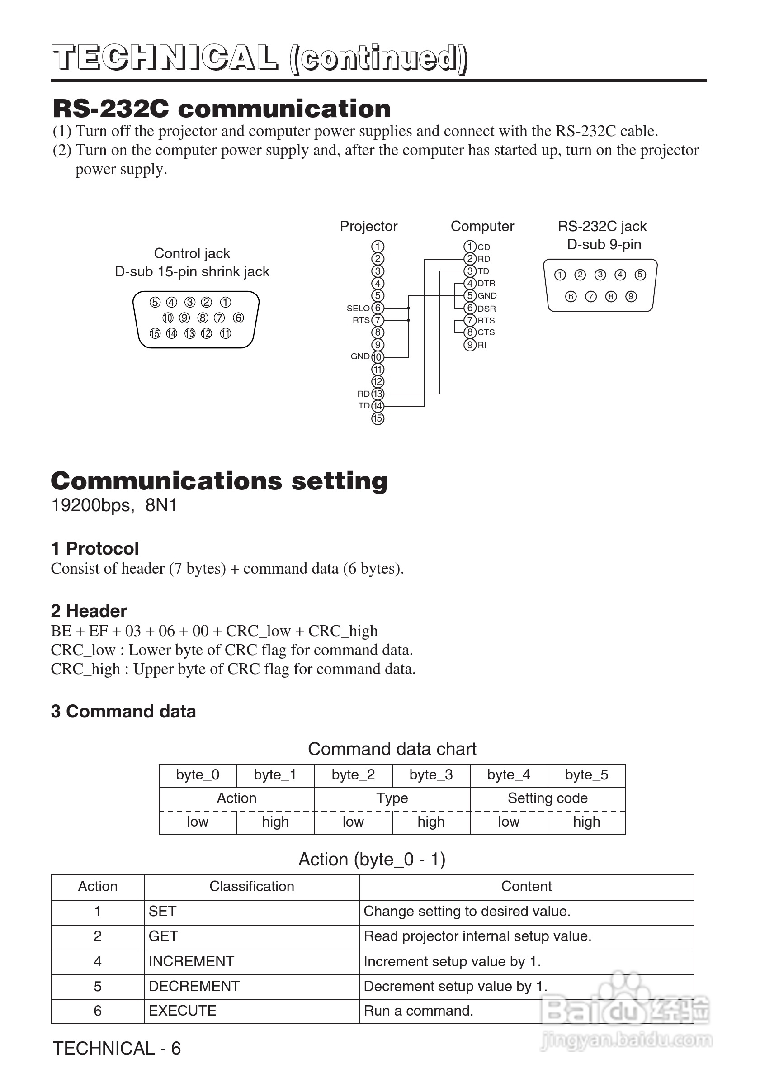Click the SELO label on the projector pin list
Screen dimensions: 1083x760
tap(358, 309)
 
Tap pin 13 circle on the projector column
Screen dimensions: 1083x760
tap(378, 394)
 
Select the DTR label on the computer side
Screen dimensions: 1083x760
tap(486, 284)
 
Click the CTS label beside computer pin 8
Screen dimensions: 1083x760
tap(486, 332)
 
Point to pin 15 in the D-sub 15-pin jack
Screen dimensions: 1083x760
tap(155, 334)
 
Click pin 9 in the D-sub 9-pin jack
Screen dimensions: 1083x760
tap(631, 297)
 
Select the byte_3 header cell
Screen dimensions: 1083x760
tap(431, 774)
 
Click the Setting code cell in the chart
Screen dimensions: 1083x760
tap(548, 798)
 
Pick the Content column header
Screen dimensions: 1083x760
tap(526, 886)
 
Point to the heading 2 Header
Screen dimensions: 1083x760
tap(89, 611)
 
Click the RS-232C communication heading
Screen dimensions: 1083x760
tap(222, 109)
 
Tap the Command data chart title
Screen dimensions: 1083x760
tap(392, 749)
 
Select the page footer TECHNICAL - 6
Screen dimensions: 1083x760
tap(117, 1049)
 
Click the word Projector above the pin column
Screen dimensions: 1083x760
tap(368, 226)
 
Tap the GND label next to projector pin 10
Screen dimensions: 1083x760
tap(360, 356)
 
